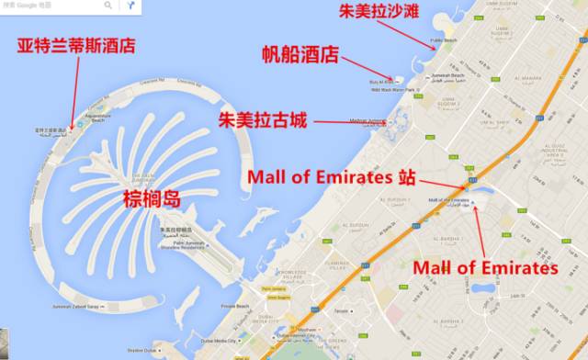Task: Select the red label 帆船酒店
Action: click(303, 57)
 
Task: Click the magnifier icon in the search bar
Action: click(107, 6)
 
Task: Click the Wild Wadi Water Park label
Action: click(395, 90)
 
